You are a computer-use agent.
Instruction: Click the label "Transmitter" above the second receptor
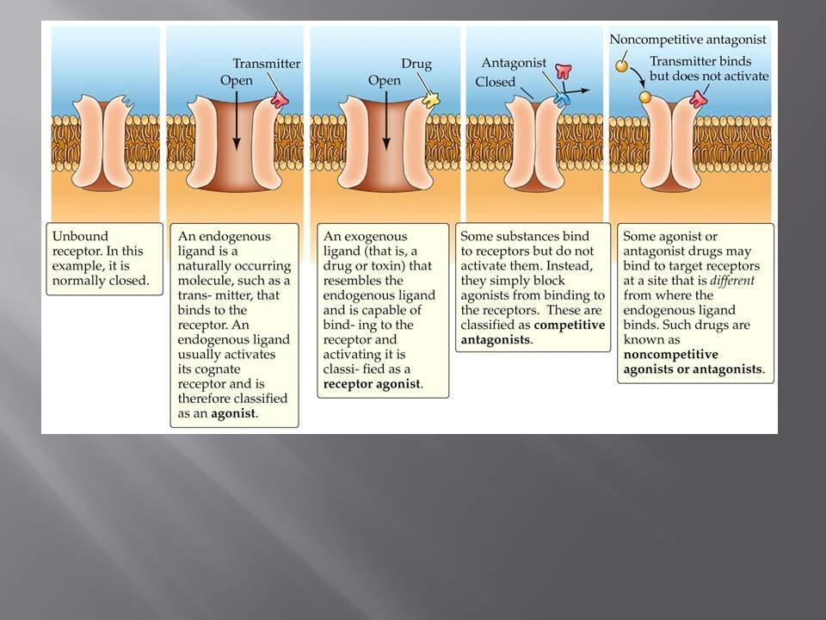click(267, 64)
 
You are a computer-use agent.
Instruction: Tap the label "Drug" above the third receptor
click(416, 64)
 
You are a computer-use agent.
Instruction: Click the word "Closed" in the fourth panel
click(496, 83)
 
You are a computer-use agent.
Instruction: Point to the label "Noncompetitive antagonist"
click(687, 40)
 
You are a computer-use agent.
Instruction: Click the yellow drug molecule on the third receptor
click(429, 100)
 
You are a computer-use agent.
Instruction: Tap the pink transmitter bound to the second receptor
click(280, 100)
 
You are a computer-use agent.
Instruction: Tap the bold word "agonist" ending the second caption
click(236, 413)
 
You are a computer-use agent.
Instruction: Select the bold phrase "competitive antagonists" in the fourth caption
click(533, 332)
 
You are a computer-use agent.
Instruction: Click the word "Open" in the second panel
click(236, 80)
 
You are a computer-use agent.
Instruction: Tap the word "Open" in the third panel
click(385, 80)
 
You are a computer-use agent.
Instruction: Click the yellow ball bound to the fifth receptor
click(645, 97)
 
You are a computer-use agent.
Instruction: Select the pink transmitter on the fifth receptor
click(700, 100)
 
